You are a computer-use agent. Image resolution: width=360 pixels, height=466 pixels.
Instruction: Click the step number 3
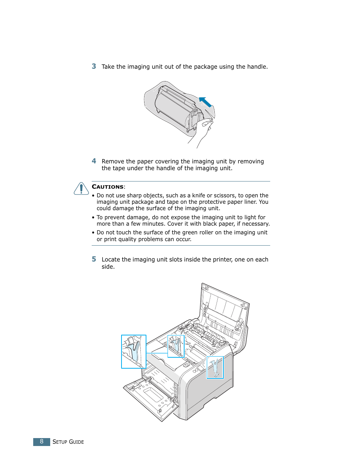tap(94, 66)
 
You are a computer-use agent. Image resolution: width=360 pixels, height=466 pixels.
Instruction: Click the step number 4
tap(94, 161)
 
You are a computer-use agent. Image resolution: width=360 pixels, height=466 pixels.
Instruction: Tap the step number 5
tap(94, 259)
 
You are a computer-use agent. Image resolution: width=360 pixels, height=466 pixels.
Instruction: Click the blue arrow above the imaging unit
tap(205, 102)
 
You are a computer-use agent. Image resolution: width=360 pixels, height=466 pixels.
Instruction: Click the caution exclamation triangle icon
tap(81, 189)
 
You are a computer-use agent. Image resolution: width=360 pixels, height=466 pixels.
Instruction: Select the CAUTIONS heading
tap(108, 187)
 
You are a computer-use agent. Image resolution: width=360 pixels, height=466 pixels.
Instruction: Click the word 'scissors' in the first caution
tap(224, 195)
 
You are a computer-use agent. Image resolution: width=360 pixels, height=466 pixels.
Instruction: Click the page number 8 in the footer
tap(42, 441)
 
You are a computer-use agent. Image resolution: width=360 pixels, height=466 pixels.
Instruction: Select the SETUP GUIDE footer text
tap(68, 442)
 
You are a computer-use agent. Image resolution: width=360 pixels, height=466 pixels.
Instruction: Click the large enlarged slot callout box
tap(134, 351)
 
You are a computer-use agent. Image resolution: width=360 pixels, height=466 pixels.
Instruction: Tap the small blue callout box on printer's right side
tap(215, 368)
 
